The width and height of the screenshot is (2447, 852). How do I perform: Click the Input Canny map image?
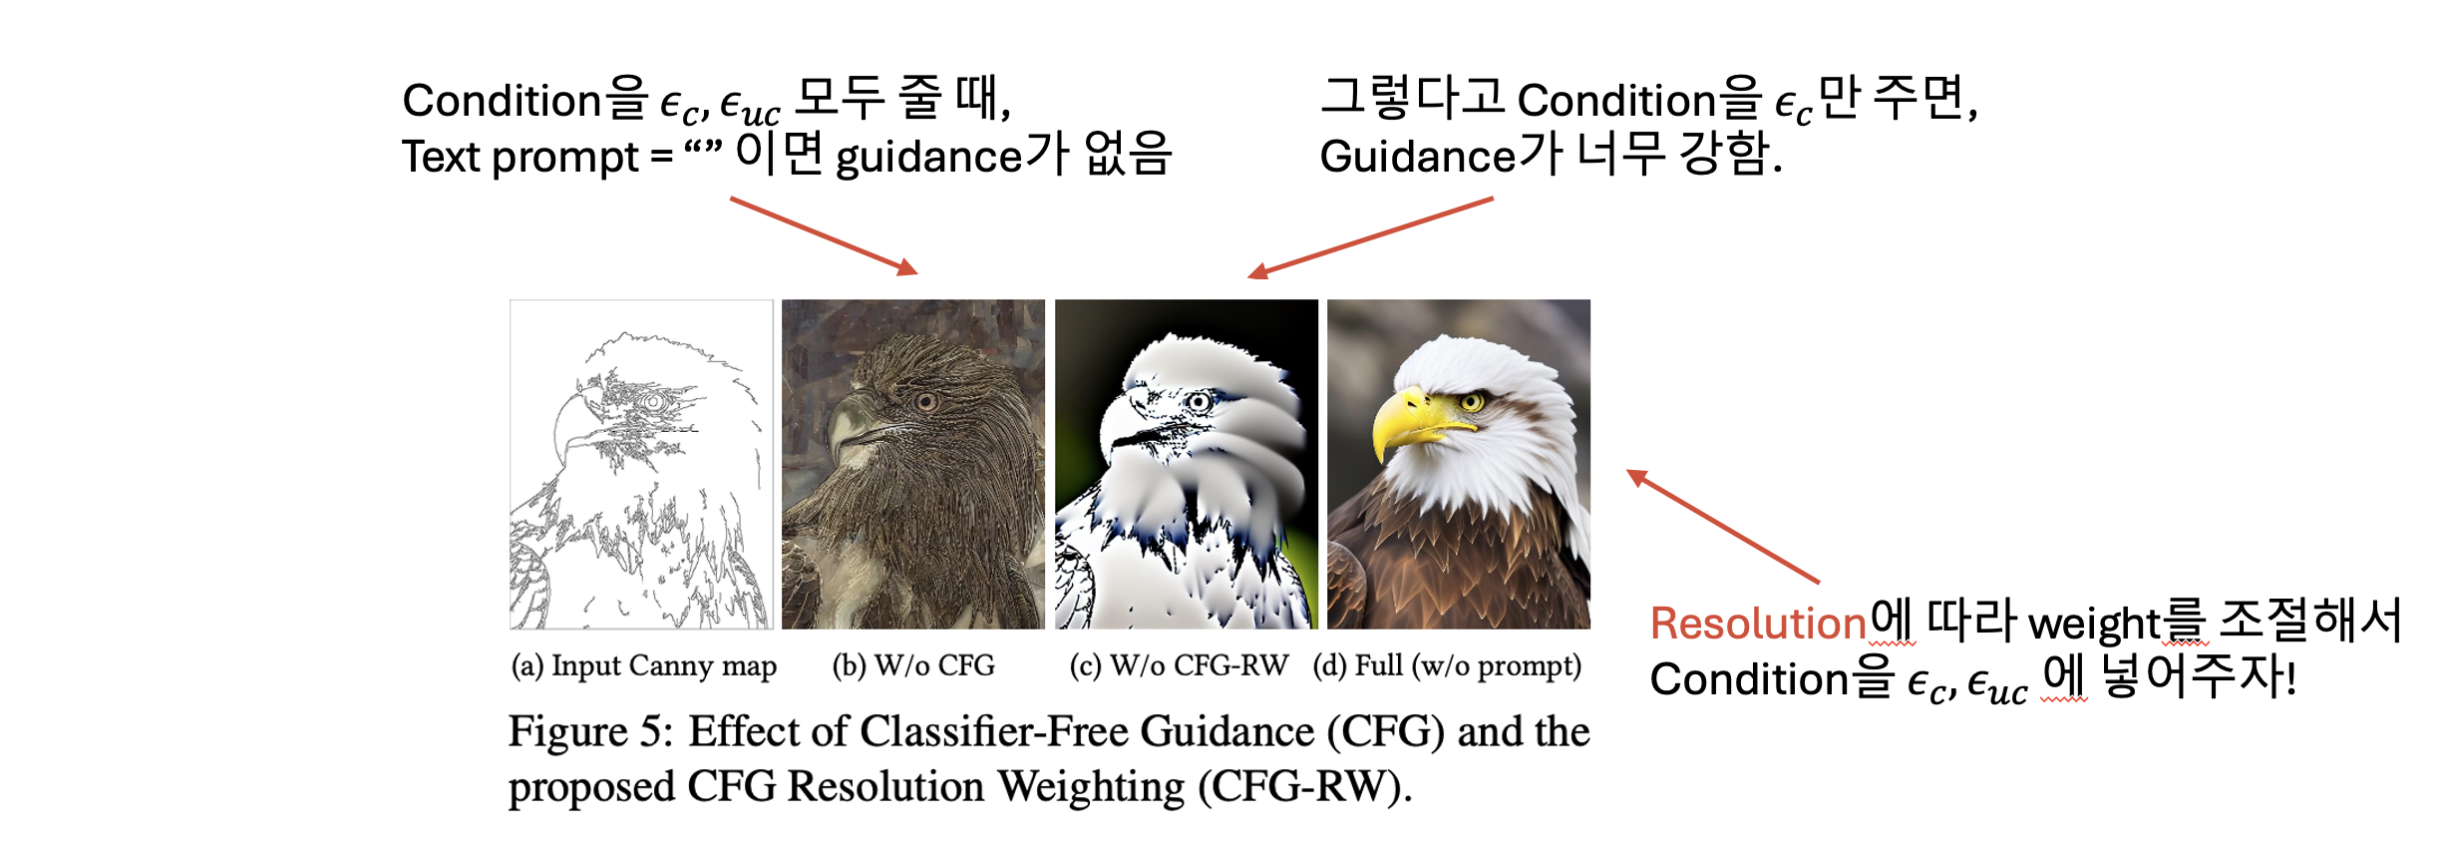pos(641,464)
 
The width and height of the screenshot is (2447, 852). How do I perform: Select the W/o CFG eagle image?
pos(913,464)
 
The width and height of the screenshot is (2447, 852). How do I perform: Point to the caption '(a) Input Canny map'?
pos(644,665)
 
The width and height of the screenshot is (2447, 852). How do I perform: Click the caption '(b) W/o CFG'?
pos(913,665)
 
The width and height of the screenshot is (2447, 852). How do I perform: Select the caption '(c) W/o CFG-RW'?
pos(1179,665)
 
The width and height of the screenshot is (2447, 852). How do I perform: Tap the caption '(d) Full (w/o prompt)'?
pos(1447,665)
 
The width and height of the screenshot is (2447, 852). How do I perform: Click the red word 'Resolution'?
pos(1758,624)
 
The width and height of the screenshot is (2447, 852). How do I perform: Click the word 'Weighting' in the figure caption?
pos(1092,787)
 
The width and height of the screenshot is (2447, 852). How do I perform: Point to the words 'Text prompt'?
pos(520,157)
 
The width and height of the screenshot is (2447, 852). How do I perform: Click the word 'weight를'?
pos(2119,624)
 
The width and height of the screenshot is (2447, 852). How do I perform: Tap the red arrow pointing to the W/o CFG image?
pos(824,236)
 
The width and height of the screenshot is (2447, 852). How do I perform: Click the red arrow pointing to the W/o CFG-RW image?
pos(1370,237)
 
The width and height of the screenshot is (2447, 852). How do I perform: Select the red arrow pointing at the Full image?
pos(1723,526)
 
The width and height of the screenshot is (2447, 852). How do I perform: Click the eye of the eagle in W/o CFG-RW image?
pos(1200,402)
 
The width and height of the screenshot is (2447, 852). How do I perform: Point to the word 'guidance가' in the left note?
pos(952,156)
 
